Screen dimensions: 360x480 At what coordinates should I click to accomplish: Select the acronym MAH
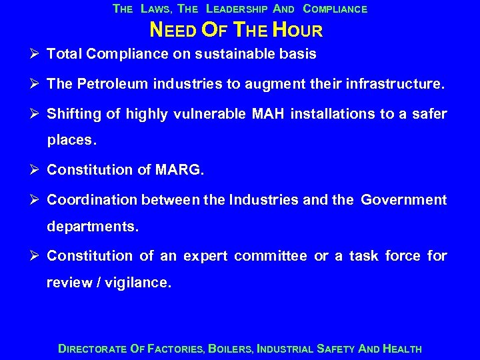click(287, 115)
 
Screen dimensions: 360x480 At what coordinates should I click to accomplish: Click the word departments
click(93, 227)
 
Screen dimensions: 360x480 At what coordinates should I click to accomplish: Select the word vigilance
click(140, 283)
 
